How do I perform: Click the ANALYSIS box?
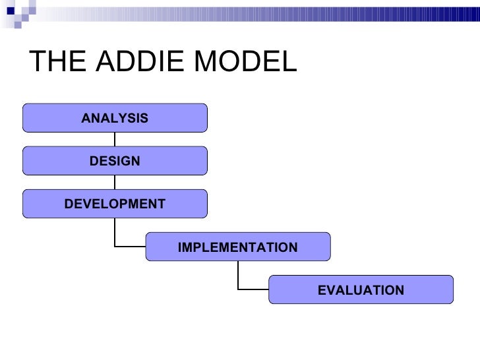pos(115,118)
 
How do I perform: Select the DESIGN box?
pos(115,160)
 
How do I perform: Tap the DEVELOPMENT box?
pos(115,204)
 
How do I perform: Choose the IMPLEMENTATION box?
pos(237,247)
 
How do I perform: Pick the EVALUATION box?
pos(361,290)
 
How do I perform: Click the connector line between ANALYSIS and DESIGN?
pos(115,139)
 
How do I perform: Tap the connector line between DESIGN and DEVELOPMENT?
pos(115,182)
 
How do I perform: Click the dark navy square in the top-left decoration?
pos(11,11)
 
